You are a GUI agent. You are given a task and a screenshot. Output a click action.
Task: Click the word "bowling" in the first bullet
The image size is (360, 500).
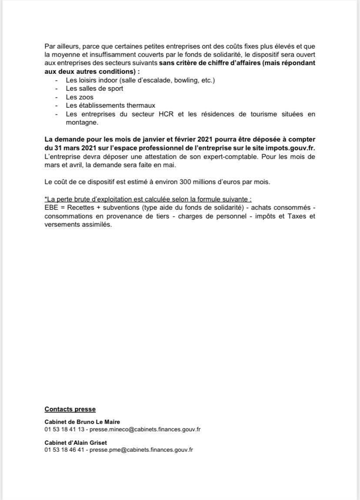point(185,80)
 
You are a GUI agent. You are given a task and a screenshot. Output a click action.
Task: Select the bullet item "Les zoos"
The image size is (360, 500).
point(80,97)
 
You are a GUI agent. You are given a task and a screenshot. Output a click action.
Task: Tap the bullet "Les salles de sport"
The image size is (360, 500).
point(94,88)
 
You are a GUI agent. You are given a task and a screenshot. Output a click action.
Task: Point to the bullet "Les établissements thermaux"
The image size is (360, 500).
point(110,105)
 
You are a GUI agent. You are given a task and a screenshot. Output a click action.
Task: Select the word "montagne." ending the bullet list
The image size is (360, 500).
point(82,123)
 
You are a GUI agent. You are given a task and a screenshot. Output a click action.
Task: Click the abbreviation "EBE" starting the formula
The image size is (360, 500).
point(51,208)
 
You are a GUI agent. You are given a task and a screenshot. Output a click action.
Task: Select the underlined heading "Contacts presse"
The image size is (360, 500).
point(70,409)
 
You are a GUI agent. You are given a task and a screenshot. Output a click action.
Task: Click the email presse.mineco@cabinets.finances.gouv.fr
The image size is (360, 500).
point(145,429)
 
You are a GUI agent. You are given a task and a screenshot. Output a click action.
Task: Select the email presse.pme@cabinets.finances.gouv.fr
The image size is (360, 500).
point(141,450)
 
